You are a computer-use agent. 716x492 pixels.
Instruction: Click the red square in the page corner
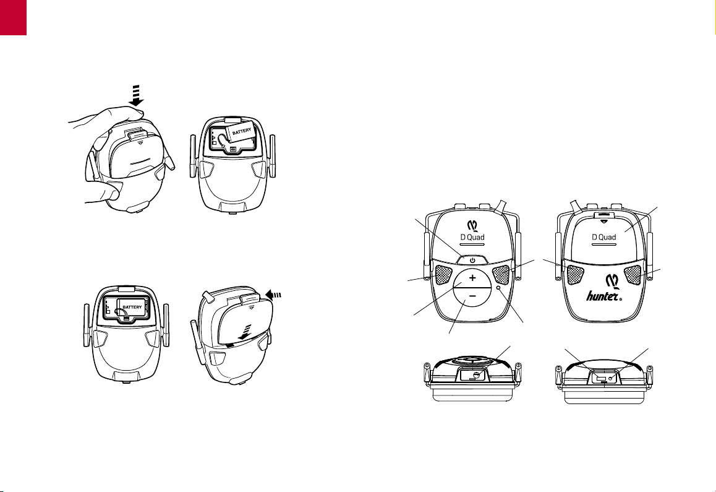click(13, 17)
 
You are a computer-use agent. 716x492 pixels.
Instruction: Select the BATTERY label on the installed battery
click(132, 308)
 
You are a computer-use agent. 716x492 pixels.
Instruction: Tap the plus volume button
click(472, 277)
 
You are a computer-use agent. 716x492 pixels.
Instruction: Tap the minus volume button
click(472, 297)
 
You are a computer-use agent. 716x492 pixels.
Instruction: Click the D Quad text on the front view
click(472, 237)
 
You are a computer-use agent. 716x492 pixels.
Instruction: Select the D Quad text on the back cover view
click(603, 237)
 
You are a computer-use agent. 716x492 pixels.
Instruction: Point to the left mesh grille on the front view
click(443, 274)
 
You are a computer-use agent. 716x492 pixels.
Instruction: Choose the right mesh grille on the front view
click(501, 274)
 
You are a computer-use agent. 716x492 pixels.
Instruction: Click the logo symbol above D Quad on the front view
click(472, 225)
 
